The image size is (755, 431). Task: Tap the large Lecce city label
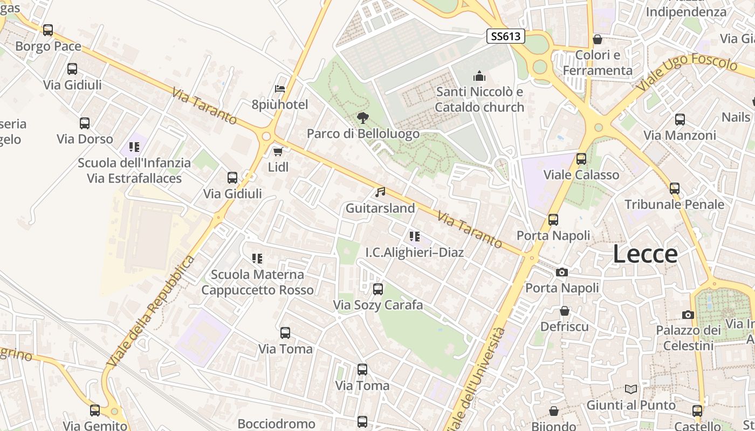pos(645,254)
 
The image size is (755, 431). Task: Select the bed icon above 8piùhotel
pos(280,89)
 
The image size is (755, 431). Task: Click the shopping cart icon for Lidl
pos(278,152)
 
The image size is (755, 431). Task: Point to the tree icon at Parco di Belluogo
pos(363,117)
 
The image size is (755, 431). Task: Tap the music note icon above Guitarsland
pos(380,192)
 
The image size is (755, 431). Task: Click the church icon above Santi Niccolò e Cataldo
pos(479,77)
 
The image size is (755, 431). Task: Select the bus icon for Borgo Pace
pos(48,30)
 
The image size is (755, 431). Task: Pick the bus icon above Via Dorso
pos(85,123)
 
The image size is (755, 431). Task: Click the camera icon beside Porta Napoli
pos(562,272)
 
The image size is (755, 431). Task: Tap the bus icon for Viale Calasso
pos(581,159)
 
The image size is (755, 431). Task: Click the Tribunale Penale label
pos(674,204)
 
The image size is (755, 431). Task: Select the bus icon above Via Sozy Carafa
pos(378,289)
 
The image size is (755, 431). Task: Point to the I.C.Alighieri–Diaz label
pos(414,252)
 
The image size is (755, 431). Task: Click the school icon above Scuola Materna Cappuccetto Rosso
pos(257,259)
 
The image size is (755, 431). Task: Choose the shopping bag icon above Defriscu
pos(564,311)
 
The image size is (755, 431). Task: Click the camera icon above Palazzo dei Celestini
pos(688,315)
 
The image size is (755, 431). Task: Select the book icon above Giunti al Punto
pos(630,389)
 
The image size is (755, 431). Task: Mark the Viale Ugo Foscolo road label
pos(686,72)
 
